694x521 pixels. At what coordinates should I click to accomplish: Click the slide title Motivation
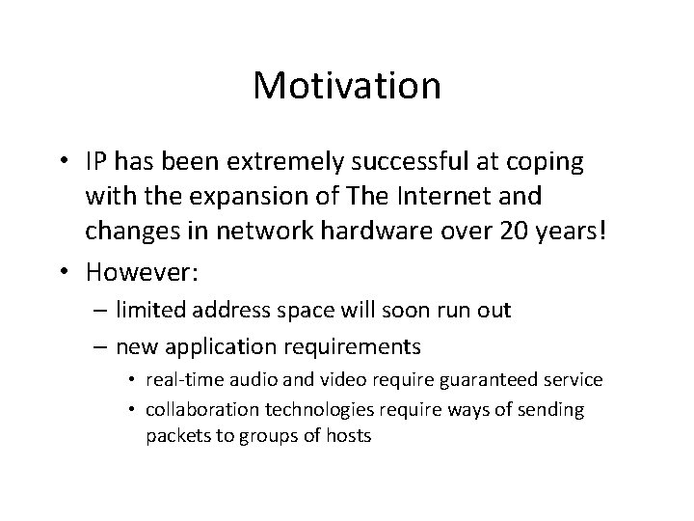click(x=347, y=86)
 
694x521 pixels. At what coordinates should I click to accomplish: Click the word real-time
click(x=183, y=379)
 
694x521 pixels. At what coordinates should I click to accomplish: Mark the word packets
click(x=175, y=435)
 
